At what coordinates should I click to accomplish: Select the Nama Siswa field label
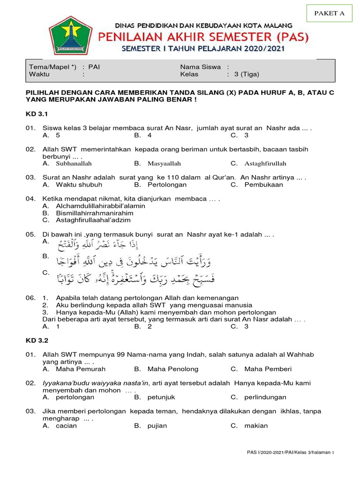tap(202, 67)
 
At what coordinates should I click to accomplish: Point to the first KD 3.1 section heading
tap(37, 114)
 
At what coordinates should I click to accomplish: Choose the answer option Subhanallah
tap(74, 164)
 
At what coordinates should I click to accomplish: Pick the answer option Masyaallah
tap(164, 164)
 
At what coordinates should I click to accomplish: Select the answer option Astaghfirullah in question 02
tap(265, 164)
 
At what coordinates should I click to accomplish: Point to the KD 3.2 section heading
tap(37, 340)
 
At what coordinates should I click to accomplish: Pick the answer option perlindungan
tap(265, 397)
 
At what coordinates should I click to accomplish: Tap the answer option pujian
tap(157, 426)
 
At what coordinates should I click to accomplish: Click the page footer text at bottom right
tap(290, 452)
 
